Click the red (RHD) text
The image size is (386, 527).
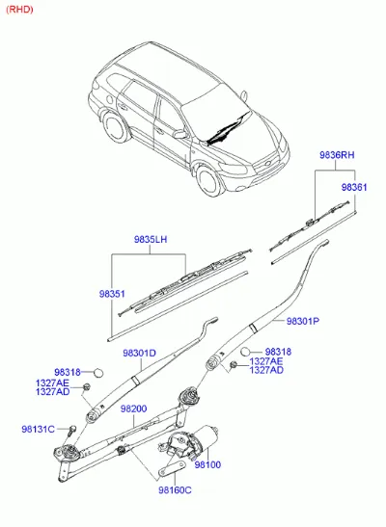[x=19, y=9]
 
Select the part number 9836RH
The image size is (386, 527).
[x=337, y=155]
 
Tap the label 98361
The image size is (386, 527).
[x=354, y=187]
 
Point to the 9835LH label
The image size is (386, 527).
[x=151, y=239]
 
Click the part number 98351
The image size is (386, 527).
[x=112, y=294]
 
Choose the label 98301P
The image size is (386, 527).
[x=303, y=321]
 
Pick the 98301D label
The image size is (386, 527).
[x=139, y=354]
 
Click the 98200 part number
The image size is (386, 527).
[x=133, y=408]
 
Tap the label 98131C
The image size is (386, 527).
[x=38, y=429]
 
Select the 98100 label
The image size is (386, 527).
[x=207, y=464]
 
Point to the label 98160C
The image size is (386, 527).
[x=175, y=490]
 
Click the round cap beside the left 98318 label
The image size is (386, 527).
[x=98, y=373]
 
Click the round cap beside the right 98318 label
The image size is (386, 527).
[x=246, y=352]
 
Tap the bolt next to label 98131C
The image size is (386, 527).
[x=71, y=431]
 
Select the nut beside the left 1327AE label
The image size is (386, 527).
[x=87, y=386]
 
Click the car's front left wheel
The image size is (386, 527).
[x=209, y=180]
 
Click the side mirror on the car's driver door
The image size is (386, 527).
[x=180, y=135]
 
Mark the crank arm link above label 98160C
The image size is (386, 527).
[x=172, y=468]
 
